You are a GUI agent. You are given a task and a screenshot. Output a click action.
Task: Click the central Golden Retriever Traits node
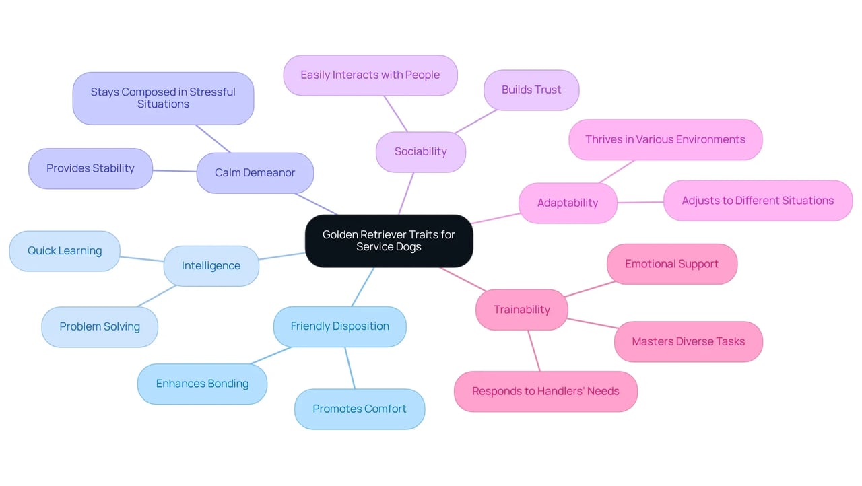point(389,241)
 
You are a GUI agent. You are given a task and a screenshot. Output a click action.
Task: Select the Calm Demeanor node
point(255,172)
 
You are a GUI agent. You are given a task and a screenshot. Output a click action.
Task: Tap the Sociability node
point(421,152)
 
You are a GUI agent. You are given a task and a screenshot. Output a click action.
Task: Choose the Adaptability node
point(568,203)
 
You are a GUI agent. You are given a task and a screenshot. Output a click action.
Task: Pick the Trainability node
point(521,310)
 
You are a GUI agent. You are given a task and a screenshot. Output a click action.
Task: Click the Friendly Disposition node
point(340,326)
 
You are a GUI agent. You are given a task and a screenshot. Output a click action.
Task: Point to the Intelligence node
point(211,266)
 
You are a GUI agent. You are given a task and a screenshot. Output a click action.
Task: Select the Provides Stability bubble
point(90,168)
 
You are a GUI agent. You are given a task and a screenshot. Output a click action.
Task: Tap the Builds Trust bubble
point(531,90)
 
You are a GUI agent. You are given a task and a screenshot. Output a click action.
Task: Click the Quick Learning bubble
point(65,251)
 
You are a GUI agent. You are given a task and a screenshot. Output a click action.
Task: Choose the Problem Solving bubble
point(100,327)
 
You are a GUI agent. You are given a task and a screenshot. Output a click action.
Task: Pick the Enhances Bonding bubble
point(203,384)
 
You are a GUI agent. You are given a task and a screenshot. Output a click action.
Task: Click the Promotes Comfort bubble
point(360,409)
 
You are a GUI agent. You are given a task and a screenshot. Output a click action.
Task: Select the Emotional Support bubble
point(672,264)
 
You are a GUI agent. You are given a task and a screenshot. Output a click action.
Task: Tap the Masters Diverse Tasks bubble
point(688,341)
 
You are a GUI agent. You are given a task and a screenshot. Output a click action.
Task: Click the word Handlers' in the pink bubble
point(555,391)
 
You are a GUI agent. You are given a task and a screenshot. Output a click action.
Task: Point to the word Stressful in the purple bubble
point(212,92)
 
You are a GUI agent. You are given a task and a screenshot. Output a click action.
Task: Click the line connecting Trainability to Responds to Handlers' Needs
point(534,351)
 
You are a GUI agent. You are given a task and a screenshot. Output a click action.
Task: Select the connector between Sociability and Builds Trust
point(475,121)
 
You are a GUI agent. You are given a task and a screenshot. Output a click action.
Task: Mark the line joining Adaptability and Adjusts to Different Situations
point(640,202)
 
